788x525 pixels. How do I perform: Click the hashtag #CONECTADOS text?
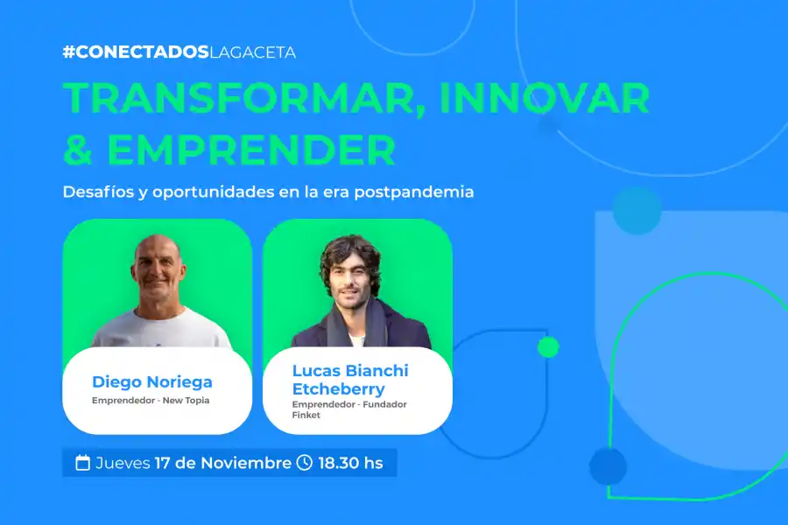coord(136,52)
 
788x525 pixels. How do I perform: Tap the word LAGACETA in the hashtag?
coord(253,52)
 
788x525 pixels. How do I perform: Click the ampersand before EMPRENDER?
coord(78,150)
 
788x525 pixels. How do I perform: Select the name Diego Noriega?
coord(152,382)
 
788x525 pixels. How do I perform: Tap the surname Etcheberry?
coord(338,389)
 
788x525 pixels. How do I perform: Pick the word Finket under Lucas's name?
coord(306,415)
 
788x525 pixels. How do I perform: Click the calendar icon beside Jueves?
coord(83,463)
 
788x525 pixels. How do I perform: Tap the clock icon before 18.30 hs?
coord(305,463)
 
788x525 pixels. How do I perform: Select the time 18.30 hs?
coord(350,463)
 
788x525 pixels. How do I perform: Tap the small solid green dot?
coord(548,347)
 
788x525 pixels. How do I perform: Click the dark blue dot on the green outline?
coord(608,466)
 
